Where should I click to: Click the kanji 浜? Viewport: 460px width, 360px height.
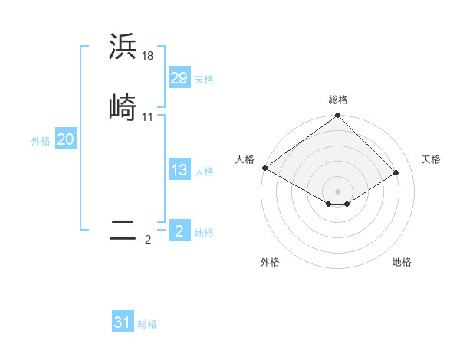[123, 47]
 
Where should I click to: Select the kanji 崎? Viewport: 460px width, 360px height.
[123, 107]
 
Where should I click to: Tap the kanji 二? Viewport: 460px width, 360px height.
[123, 231]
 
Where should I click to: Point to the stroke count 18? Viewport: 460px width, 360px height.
[148, 56]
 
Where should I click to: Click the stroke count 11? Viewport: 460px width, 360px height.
[148, 116]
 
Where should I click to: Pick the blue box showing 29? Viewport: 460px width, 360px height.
[179, 78]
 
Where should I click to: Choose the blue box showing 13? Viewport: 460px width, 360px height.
[179, 170]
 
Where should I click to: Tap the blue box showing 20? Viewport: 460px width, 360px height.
[65, 140]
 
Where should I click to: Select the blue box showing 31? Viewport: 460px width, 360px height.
[123, 323]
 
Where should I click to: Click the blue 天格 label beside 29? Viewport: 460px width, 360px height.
[204, 80]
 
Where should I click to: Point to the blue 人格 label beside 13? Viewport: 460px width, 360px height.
[204, 172]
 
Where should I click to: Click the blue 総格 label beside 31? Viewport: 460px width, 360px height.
[147, 325]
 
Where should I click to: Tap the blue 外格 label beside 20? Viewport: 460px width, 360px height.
[41, 141]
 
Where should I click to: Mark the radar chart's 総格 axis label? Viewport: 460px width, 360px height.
[338, 100]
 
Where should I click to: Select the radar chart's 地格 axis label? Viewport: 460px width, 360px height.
[402, 262]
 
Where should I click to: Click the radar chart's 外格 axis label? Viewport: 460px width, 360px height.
[270, 262]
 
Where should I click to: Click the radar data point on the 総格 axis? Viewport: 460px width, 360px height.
[337, 116]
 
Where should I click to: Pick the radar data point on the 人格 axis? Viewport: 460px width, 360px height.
[264, 168]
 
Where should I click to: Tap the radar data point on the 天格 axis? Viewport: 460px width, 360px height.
[396, 172]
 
